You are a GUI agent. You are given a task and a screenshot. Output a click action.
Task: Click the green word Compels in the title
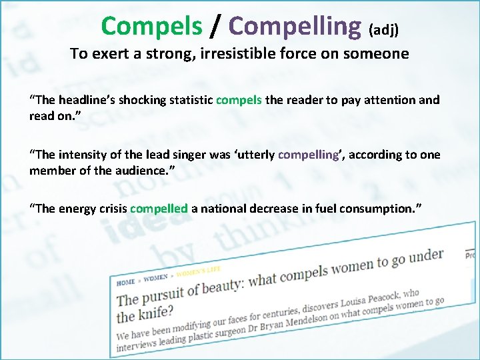point(151,26)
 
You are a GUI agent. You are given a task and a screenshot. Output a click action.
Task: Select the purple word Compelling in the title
point(294,26)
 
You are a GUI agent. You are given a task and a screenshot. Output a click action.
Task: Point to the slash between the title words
point(214,27)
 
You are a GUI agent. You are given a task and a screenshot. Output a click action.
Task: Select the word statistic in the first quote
point(187,100)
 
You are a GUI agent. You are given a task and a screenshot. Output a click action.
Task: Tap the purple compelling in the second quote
point(308,155)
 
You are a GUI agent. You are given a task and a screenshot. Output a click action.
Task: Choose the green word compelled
point(159,209)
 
